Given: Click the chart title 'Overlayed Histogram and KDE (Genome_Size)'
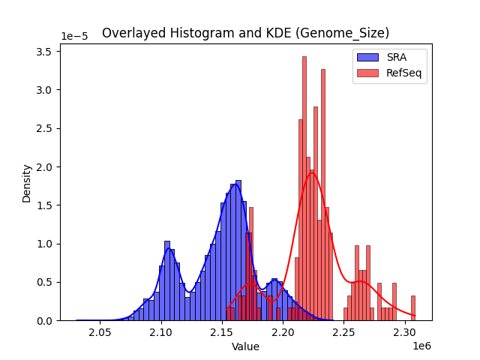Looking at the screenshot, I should point(245,33).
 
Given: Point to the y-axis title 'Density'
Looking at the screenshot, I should point(27,183).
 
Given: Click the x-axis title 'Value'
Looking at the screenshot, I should point(245,346).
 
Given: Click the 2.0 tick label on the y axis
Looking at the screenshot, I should point(46,166).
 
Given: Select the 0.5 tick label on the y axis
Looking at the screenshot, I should point(46,282).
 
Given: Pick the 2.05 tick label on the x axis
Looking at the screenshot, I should point(100,332).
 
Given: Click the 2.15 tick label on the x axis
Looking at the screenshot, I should point(223,332).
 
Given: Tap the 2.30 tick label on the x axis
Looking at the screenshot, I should point(405,332).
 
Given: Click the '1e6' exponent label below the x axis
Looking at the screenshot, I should point(421,345).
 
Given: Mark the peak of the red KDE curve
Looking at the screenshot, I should point(311,172).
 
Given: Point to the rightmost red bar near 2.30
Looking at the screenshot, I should point(412,307).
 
